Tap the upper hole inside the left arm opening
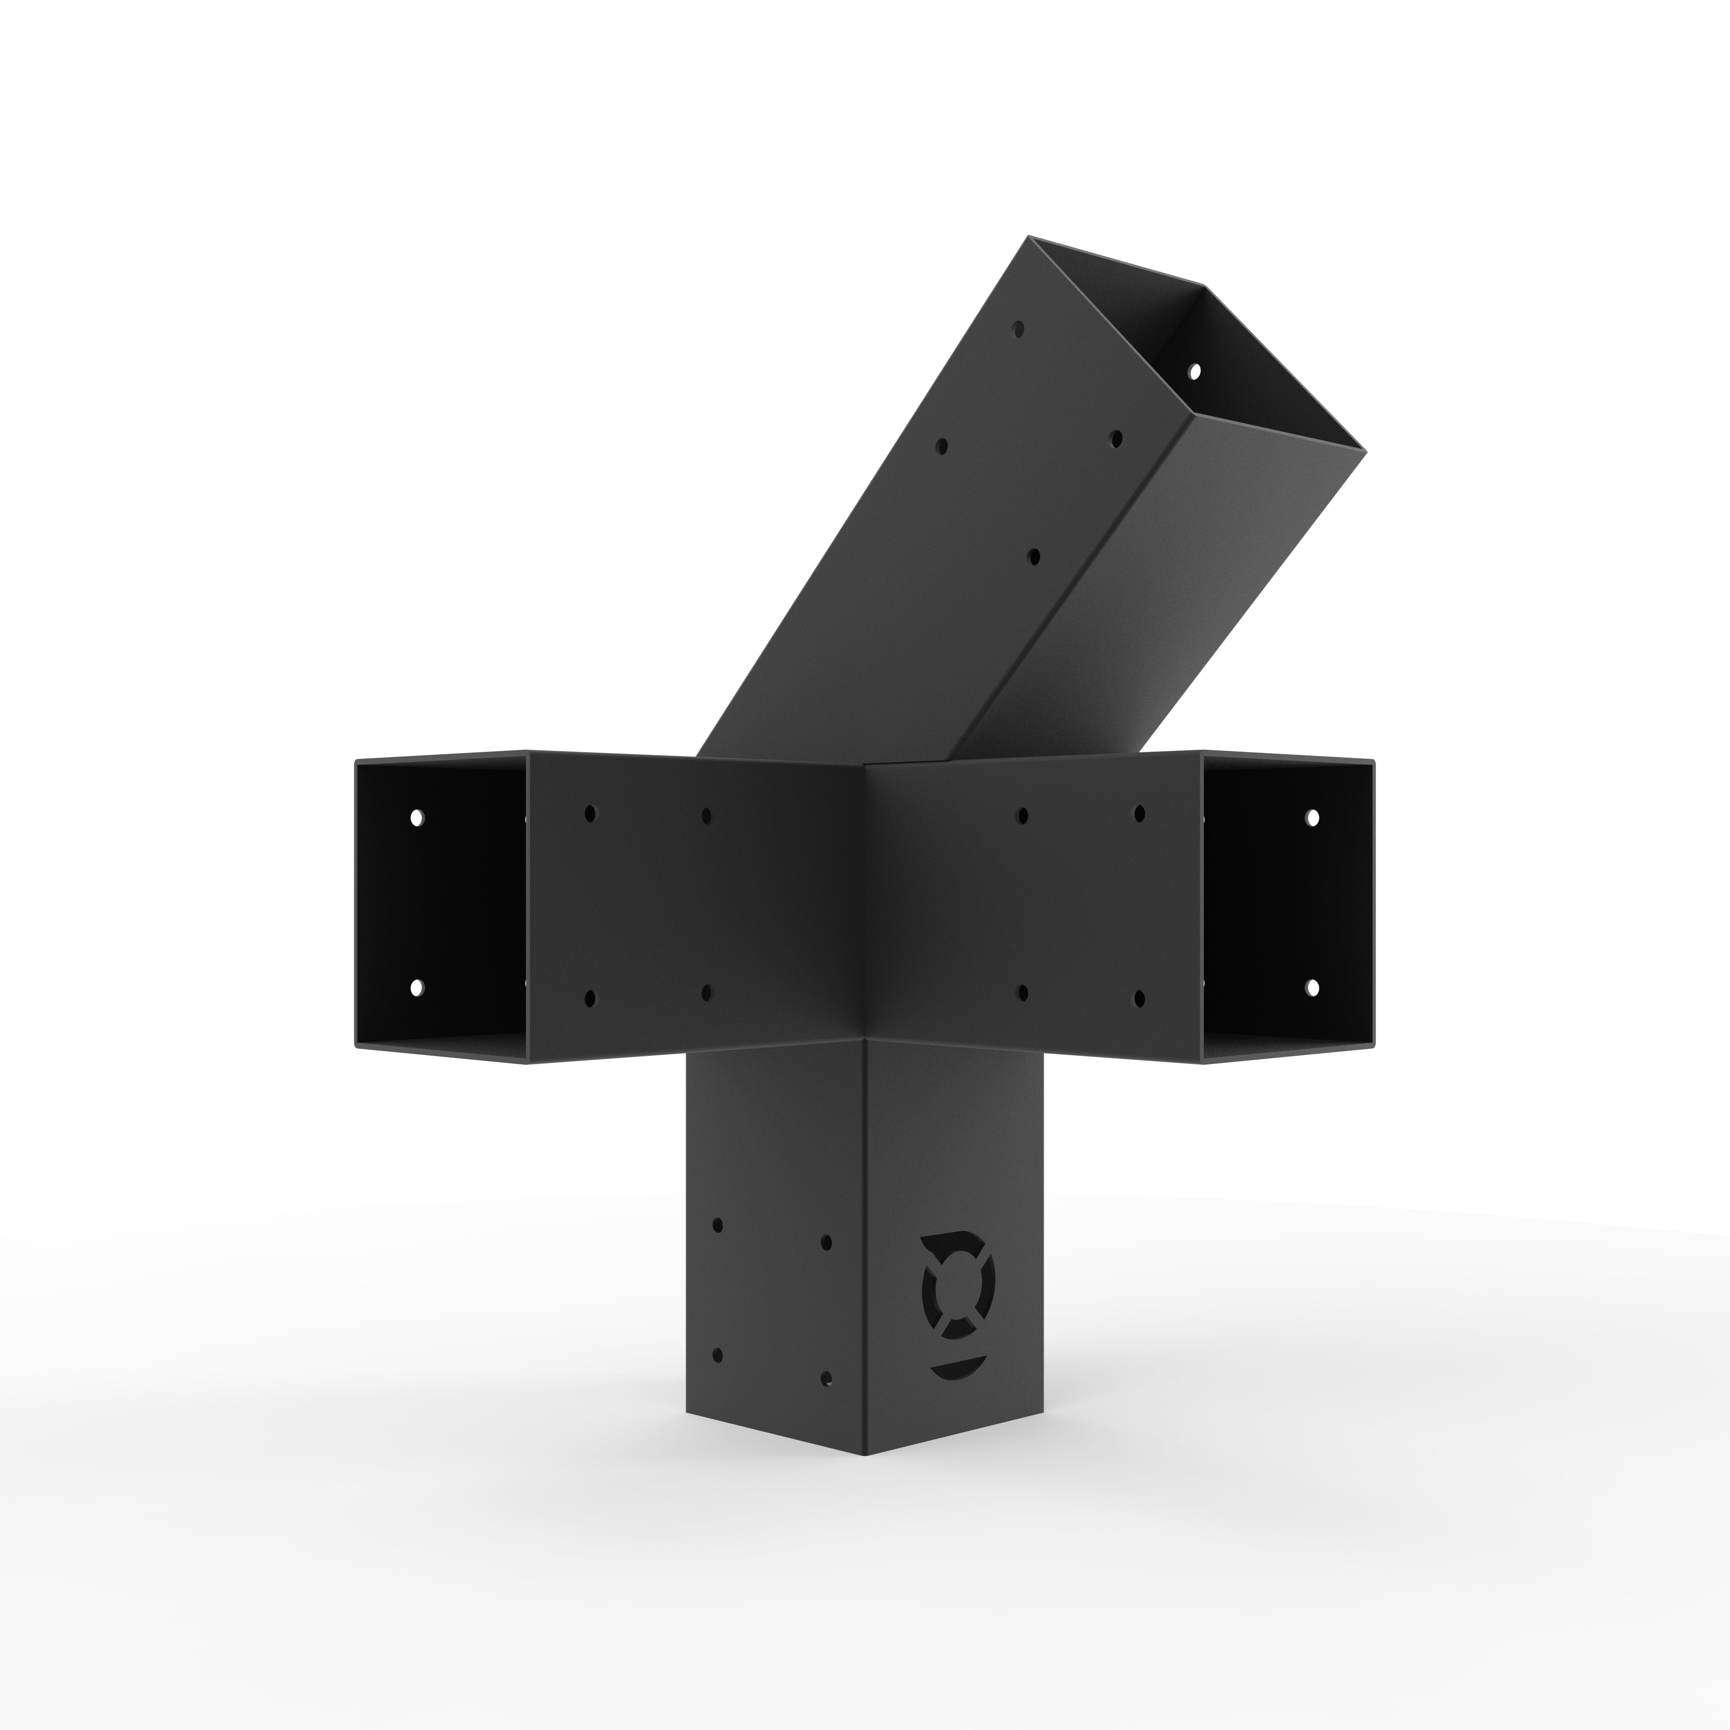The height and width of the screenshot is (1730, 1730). pyautogui.click(x=416, y=817)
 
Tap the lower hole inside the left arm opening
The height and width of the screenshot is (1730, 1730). pyautogui.click(x=416, y=988)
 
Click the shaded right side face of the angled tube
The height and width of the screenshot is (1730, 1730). pyautogui.click(x=1164, y=582)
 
